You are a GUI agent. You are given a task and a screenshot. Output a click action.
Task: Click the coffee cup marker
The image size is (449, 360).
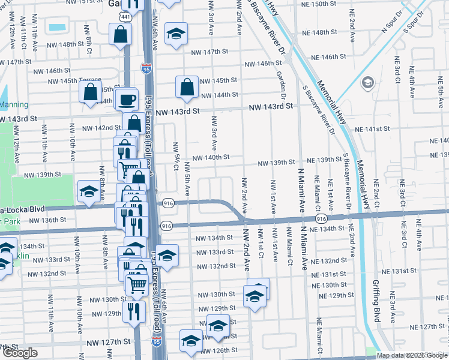tap(127, 100)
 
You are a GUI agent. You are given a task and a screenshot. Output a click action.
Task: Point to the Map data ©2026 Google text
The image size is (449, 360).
tap(411, 355)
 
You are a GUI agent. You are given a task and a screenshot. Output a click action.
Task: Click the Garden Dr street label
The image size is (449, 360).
tap(281, 84)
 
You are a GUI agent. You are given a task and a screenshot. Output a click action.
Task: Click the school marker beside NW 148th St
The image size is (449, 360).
tap(176, 33)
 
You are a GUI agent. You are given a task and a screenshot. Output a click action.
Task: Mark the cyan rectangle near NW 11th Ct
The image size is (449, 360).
tap(58, 28)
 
